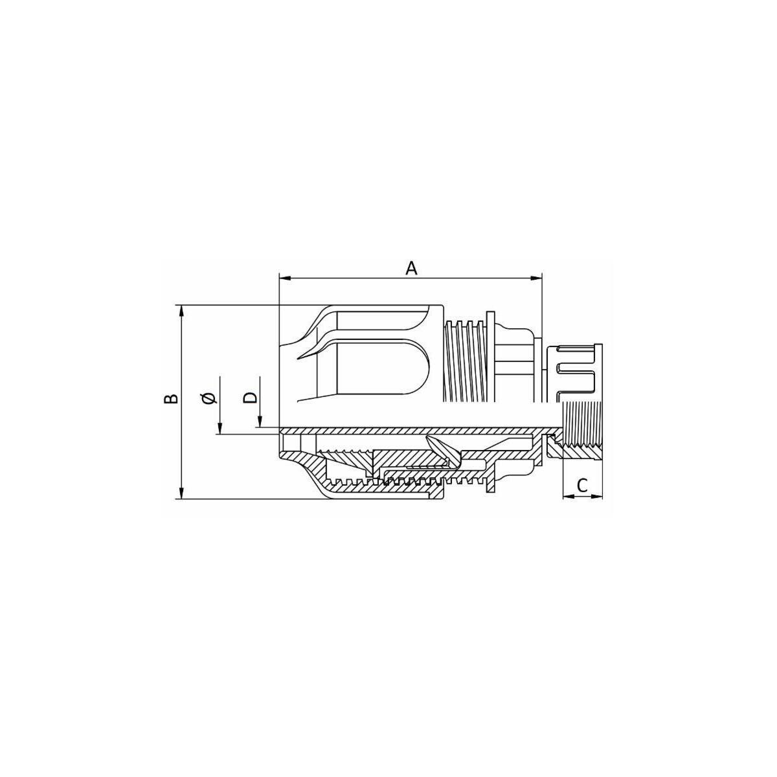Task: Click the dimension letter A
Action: (411, 268)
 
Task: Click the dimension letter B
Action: (171, 398)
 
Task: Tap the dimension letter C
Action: (582, 486)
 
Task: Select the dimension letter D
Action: (250, 397)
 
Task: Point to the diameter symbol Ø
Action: (210, 398)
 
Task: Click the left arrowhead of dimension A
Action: (285, 278)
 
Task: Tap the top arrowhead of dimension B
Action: (182, 311)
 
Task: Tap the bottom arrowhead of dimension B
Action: (182, 493)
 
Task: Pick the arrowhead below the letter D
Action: (260, 422)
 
